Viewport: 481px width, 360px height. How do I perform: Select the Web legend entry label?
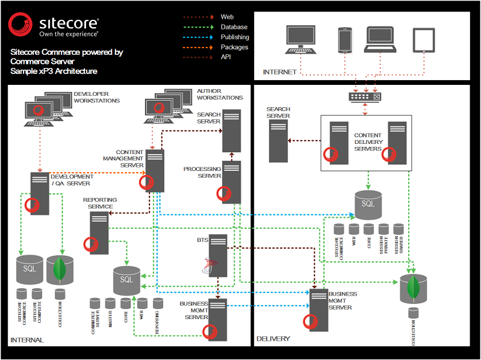(227, 17)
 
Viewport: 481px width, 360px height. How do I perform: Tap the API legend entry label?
(225, 57)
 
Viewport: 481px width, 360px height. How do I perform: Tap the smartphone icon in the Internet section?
(344, 40)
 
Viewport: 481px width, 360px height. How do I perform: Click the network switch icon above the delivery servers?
(365, 96)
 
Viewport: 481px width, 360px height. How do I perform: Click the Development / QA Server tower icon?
(40, 192)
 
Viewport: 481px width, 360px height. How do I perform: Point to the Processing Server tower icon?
(232, 182)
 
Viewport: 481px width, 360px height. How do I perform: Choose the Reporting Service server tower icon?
(99, 232)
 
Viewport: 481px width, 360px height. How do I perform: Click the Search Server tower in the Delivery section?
(278, 141)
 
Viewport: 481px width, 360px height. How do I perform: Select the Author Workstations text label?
(220, 95)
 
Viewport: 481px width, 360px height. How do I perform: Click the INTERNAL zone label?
(27, 340)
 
